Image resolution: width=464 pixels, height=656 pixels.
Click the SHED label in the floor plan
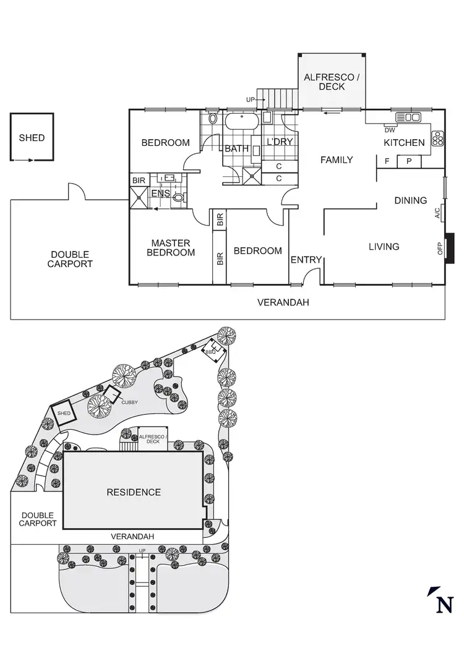point(32,137)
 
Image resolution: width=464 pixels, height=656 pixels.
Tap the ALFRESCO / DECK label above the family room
point(332,82)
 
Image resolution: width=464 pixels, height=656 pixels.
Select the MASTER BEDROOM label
point(171,248)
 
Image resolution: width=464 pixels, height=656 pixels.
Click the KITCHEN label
point(404,143)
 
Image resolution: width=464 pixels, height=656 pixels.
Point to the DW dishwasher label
point(390,130)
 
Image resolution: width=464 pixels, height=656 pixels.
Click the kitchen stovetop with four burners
point(438,137)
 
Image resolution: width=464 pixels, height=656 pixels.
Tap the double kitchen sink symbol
point(408,116)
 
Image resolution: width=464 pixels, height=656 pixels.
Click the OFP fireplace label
point(440,248)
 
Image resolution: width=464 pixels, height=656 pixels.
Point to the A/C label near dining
point(437,213)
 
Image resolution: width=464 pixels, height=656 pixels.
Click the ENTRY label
point(306,260)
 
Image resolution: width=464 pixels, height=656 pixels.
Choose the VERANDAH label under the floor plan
point(283,303)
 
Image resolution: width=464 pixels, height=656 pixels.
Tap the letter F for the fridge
point(387,161)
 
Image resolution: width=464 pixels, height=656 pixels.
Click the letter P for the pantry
point(408,161)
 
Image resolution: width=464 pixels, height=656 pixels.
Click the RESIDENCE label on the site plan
point(134,492)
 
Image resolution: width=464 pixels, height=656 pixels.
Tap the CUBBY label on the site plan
point(129,403)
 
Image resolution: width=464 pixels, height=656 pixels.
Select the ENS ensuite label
point(161,194)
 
